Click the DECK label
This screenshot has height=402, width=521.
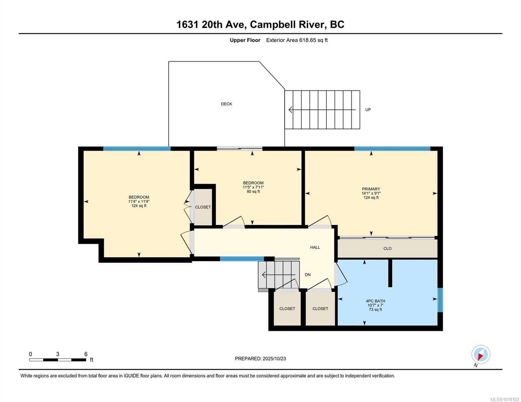[x=226, y=104]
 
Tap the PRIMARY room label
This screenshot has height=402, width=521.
[x=371, y=189]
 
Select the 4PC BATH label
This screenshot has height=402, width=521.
[x=375, y=301]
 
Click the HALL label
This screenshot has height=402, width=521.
[x=315, y=247]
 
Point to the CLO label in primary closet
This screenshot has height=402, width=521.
[x=387, y=249]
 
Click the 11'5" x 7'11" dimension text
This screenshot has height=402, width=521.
[x=253, y=187]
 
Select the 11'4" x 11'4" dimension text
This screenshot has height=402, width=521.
[x=139, y=201]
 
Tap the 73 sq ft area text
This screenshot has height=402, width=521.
[x=375, y=310]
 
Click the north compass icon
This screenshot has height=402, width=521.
[x=480, y=354]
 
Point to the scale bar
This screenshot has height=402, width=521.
[x=57, y=360]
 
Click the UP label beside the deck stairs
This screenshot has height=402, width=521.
[x=368, y=110]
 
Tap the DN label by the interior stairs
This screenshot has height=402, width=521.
[x=307, y=275]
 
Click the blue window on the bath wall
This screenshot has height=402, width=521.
[x=440, y=300]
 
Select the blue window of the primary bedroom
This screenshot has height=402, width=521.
[x=392, y=149]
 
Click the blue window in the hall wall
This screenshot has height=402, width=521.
[x=242, y=259]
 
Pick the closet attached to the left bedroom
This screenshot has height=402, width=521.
[x=203, y=207]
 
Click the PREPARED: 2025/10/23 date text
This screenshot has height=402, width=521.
[x=260, y=358]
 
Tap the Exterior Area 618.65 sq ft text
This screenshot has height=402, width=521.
[x=297, y=40]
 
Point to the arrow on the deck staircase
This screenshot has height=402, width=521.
[x=321, y=110]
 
